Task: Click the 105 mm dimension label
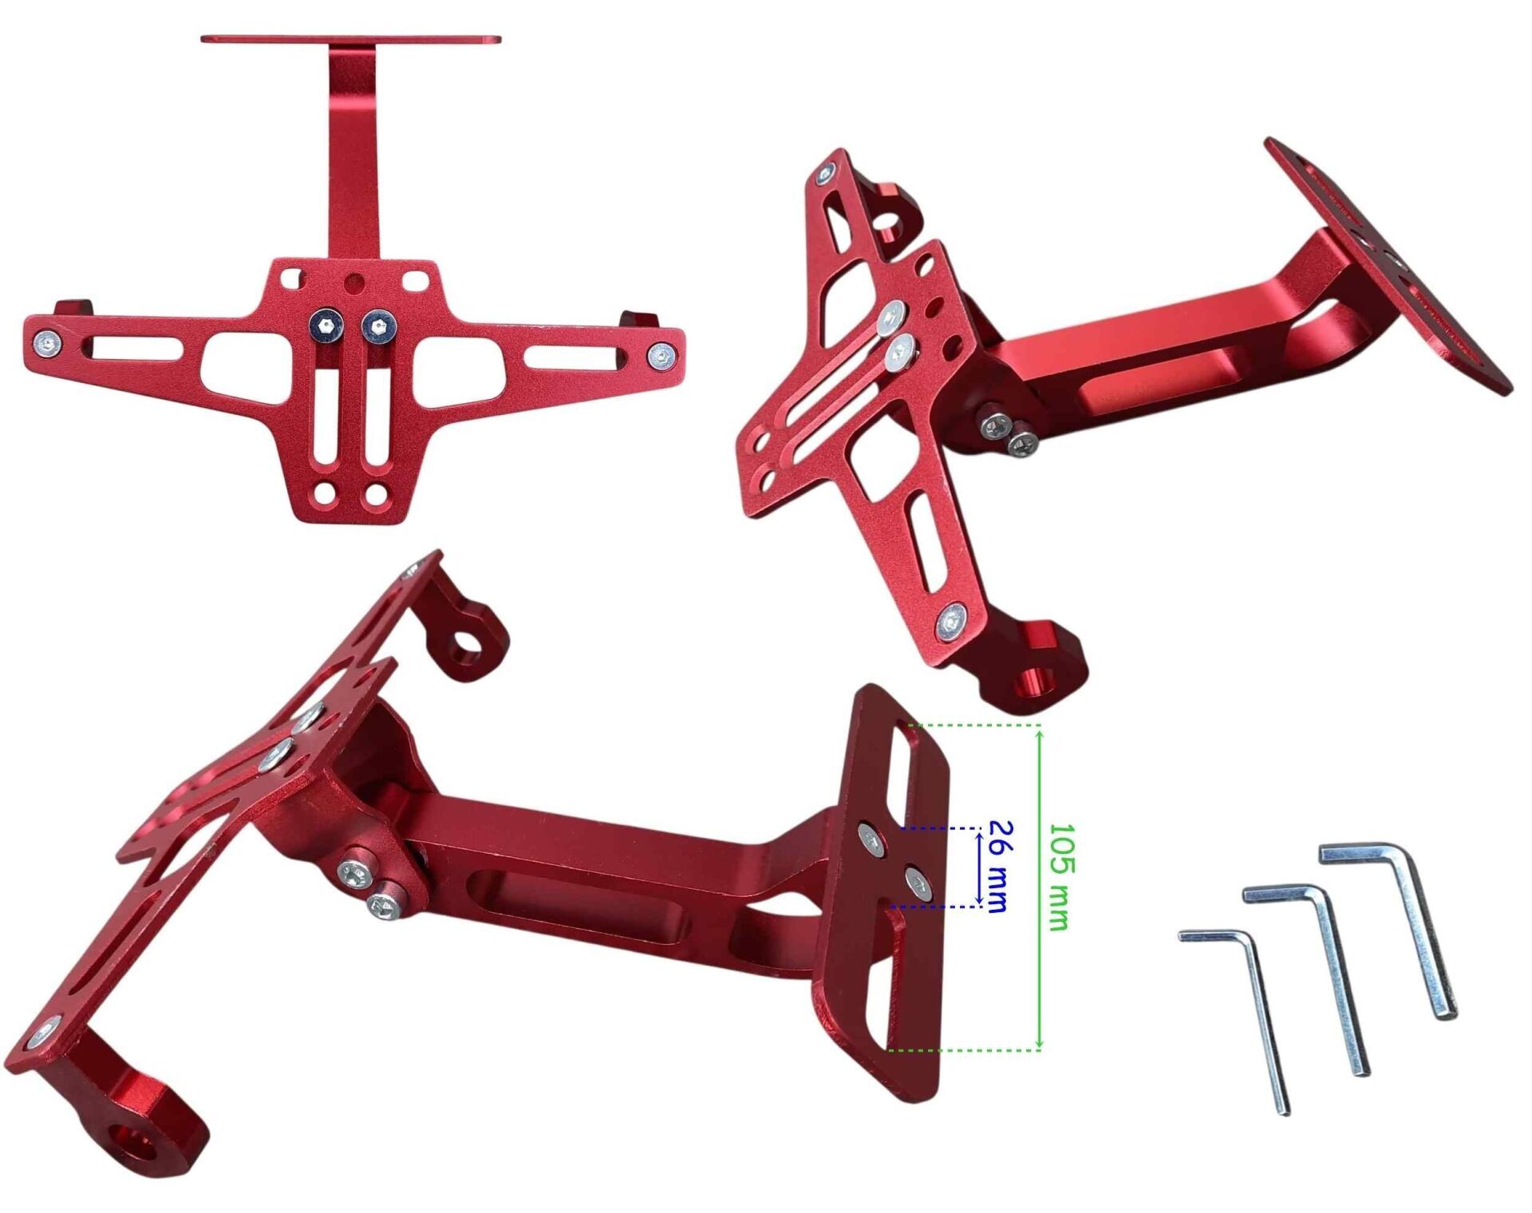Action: [x=1059, y=877]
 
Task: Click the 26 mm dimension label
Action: [x=998, y=866]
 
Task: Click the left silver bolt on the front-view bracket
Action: [x=47, y=343]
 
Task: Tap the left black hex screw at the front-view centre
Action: [x=326, y=325]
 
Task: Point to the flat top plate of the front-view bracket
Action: [x=351, y=39]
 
